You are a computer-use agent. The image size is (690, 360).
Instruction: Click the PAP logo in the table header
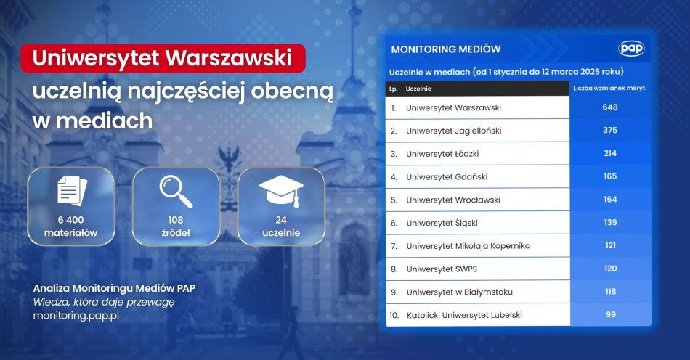[x=631, y=49]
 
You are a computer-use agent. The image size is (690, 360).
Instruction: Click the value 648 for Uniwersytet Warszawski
[x=609, y=107]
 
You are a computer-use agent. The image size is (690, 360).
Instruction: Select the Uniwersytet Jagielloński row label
[x=453, y=131]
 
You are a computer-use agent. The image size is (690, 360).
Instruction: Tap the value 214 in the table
[x=609, y=153]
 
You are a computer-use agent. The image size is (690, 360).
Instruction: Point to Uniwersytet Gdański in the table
[x=446, y=176]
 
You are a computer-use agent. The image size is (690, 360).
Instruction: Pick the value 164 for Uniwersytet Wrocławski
[x=609, y=200]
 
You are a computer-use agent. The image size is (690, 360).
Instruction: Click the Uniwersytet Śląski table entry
[x=442, y=223]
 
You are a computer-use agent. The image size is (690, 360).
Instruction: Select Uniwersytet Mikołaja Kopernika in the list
[x=468, y=246]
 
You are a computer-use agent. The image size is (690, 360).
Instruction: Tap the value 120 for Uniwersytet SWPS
[x=609, y=269]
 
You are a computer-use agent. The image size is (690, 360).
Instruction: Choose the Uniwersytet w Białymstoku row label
[x=459, y=292]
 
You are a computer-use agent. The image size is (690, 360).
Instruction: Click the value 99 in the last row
[x=609, y=315]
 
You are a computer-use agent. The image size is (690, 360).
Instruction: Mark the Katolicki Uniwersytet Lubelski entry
[x=464, y=315]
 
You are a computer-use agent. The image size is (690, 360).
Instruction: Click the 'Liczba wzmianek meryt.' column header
[x=609, y=89]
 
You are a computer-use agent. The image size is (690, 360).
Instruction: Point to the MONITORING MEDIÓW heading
[x=445, y=49]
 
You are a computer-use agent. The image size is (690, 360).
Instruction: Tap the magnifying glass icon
[x=175, y=191]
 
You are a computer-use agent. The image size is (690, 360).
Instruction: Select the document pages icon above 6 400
[x=71, y=191]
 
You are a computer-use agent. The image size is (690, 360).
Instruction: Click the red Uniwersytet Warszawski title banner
[x=163, y=58]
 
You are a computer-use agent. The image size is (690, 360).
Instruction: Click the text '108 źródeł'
[x=175, y=226]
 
